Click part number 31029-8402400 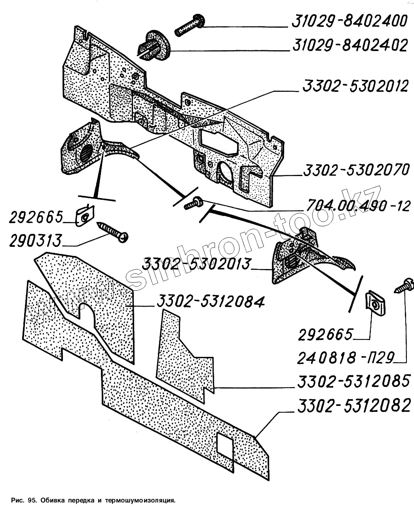pyautogui.click(x=349, y=21)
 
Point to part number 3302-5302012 pyautogui.click(x=355, y=86)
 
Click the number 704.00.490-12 pyautogui.click(x=358, y=206)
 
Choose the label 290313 pyautogui.click(x=36, y=241)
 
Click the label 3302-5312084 pyautogui.click(x=210, y=302)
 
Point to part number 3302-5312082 pyautogui.click(x=354, y=406)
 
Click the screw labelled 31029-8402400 pyautogui.click(x=189, y=25)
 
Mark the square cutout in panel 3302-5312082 pyautogui.click(x=225, y=445)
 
